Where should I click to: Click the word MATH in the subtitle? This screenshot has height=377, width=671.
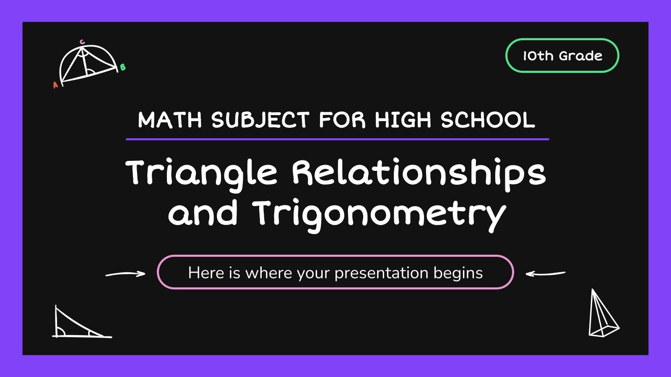pos(170,120)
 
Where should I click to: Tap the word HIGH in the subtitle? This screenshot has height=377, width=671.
pos(403,120)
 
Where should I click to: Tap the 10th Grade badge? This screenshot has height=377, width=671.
pos(562,56)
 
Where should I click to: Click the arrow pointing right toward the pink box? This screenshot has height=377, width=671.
pos(125,274)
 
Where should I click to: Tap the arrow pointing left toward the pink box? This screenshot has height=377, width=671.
pos(545,274)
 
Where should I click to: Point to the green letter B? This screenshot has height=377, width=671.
pos(122,67)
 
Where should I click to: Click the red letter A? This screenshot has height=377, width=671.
pos(55,85)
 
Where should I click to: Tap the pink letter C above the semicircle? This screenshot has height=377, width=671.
pos(82,42)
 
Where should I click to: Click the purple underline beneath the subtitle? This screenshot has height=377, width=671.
pos(337,139)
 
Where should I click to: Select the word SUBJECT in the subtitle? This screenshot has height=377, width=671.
pos(260,120)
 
